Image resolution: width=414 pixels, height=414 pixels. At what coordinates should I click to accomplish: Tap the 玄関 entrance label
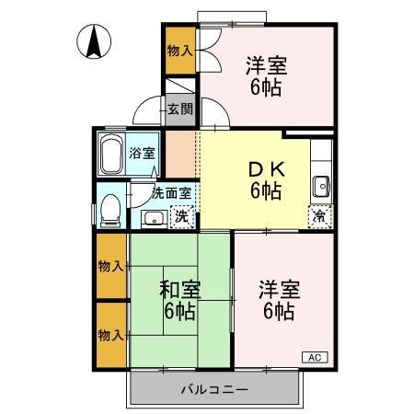coord(180,109)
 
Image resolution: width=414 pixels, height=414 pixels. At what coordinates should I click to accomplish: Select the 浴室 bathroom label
coord(142,153)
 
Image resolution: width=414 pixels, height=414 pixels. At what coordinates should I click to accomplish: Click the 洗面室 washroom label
coord(172,193)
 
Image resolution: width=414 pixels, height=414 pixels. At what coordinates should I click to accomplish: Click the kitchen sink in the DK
coord(321,185)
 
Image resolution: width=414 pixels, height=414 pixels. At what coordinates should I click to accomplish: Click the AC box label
coord(312,358)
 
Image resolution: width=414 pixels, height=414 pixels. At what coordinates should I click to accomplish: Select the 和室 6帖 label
coord(178,300)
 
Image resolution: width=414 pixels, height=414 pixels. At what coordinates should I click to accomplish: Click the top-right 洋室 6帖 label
coord(266,77)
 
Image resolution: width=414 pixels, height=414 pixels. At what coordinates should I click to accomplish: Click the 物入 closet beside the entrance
coord(179,52)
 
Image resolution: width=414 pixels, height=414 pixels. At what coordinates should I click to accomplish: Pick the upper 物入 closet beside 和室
coord(111,266)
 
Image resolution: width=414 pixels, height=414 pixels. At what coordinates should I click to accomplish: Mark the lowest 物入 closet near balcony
coord(111,334)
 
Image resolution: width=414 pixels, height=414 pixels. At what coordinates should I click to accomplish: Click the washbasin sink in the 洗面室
coord(154,217)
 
